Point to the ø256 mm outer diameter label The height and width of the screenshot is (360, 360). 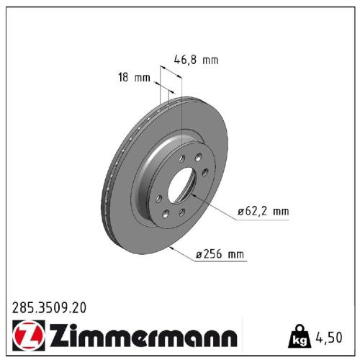click(220, 253)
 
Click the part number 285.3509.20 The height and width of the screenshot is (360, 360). click(50, 307)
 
